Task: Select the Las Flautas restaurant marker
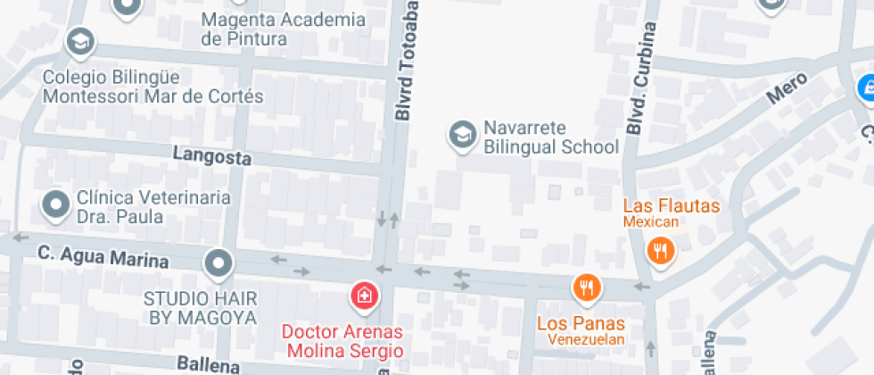coord(660,251)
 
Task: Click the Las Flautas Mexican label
coord(671,213)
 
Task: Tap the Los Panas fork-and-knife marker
coord(586,287)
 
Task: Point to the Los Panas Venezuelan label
coord(581,330)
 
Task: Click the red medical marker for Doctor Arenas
coord(364,295)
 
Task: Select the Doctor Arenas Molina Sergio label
coord(342,341)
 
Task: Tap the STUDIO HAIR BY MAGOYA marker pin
coord(218,263)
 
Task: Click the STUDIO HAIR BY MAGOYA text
coord(201,307)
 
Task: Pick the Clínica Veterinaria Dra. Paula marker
coord(56,204)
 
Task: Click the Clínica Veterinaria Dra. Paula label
coord(141,206)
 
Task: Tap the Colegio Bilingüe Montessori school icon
coord(80,41)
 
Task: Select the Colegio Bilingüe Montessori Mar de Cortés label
coord(153,87)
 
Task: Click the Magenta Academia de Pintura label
coord(283,29)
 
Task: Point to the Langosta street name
coord(212,155)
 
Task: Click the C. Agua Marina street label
coord(103,257)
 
